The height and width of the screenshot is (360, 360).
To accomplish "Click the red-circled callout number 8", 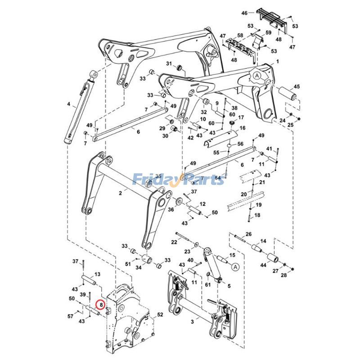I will pyautogui.click(x=102, y=305).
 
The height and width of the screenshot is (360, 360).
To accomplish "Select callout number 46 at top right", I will pyautogui.click(x=244, y=14).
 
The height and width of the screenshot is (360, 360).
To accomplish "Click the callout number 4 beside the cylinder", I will pyautogui.click(x=68, y=104).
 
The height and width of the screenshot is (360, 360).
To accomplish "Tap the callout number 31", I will pyautogui.click(x=169, y=63).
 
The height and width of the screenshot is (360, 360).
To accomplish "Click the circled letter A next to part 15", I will pyautogui.click(x=235, y=267).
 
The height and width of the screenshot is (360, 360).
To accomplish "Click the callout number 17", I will pyautogui.click(x=241, y=117).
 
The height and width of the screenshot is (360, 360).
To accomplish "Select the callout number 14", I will pyautogui.click(x=264, y=242).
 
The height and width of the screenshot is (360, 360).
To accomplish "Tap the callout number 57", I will pyautogui.click(x=70, y=317).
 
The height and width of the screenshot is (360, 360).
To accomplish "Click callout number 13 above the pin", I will pyautogui.click(x=97, y=274).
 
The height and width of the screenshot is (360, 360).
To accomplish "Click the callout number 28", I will pyautogui.click(x=283, y=275).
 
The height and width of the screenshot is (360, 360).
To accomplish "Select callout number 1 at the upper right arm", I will pyautogui.click(x=278, y=61).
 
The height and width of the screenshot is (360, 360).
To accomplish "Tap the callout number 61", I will pyautogui.click(x=207, y=284).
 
